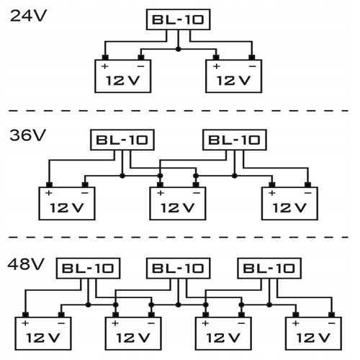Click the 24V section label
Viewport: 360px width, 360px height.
(28, 16)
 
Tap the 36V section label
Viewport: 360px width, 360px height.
(27, 135)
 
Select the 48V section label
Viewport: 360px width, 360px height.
(26, 264)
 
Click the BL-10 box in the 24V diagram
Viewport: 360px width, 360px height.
(178, 19)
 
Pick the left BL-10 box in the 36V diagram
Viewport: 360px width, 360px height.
(122, 140)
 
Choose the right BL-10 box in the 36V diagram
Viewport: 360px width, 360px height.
(235, 140)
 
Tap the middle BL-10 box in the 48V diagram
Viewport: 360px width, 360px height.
(179, 269)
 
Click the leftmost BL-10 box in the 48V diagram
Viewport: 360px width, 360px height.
(88, 269)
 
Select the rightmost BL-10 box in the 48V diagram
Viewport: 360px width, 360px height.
(269, 269)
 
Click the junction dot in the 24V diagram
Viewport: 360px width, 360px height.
(178, 49)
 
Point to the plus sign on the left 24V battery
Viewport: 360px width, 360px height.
(104, 66)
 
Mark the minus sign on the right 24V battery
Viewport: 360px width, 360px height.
(252, 66)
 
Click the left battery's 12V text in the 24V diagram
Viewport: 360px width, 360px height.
(122, 81)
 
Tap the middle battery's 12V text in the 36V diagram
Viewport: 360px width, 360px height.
(177, 208)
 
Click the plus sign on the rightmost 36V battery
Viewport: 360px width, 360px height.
(271, 193)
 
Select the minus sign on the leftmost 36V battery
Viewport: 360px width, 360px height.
(85, 193)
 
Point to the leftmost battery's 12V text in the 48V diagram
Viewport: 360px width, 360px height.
(43, 338)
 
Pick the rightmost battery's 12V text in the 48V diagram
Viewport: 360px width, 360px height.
(313, 338)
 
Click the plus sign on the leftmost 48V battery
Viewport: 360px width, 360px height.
(25, 323)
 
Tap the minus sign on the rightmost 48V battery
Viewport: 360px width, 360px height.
(332, 323)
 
